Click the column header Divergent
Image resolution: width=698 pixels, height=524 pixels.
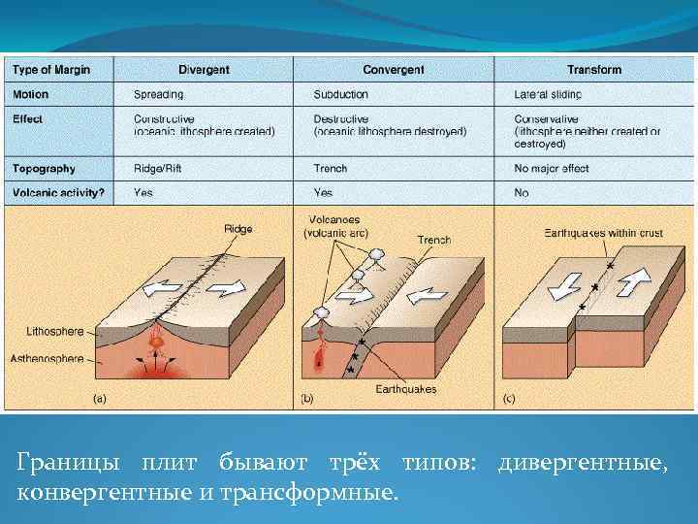point(204,70)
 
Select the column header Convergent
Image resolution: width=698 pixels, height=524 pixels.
point(394,70)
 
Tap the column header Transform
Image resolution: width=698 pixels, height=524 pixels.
point(593,70)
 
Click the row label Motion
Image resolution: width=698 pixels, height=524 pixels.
point(30,95)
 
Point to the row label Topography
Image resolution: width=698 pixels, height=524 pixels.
point(44,169)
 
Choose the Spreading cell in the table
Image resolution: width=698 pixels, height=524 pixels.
point(158,95)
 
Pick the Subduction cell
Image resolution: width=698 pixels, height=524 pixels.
point(340,95)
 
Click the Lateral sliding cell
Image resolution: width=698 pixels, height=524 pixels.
point(548,95)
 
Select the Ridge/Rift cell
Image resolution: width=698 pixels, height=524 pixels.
point(158,169)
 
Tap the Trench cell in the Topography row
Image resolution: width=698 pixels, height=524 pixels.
point(331,169)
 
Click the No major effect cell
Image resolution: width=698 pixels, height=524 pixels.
point(551,169)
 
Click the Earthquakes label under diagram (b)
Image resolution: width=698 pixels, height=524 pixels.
point(405,389)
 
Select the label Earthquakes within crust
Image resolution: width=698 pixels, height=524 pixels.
point(602,235)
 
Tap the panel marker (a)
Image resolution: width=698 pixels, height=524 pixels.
point(99,397)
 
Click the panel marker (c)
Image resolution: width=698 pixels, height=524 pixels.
point(509,397)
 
